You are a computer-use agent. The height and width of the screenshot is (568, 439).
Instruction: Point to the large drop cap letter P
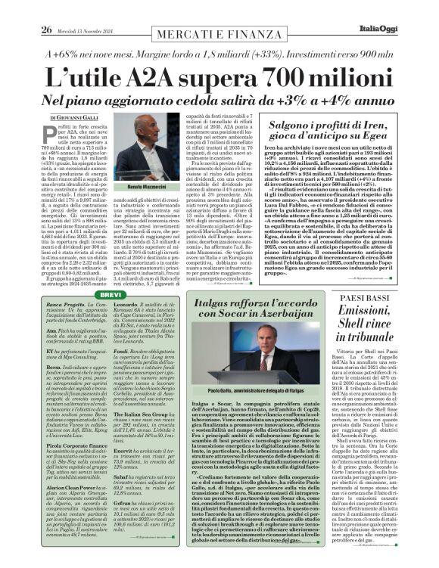click(x=55, y=135)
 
